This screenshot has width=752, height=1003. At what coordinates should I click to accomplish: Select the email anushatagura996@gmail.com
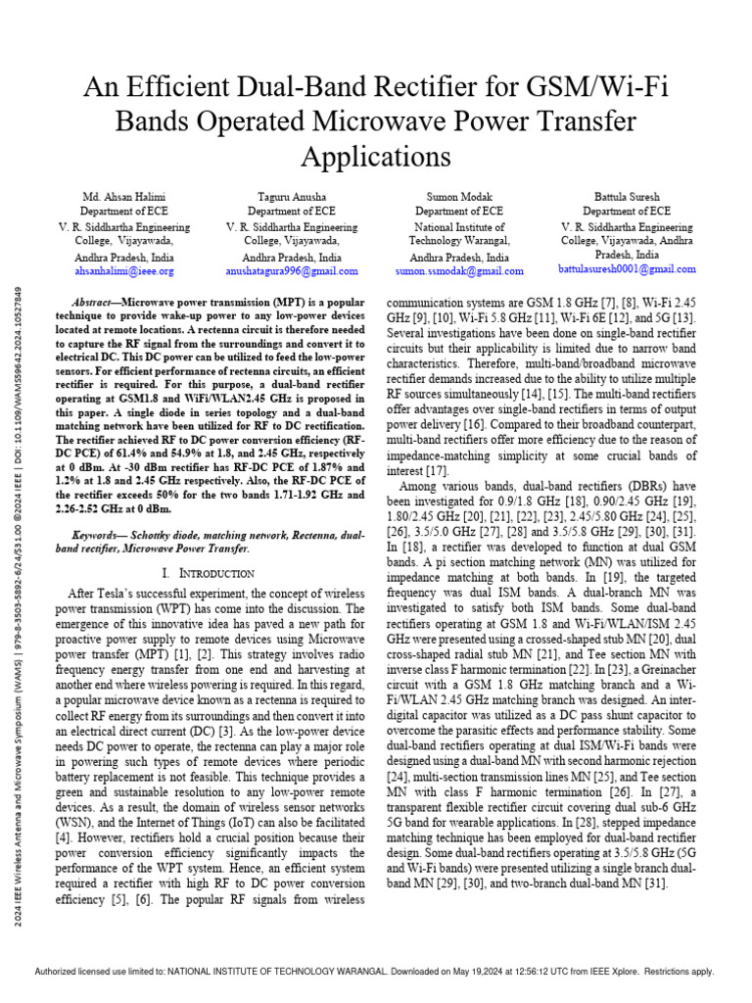292,271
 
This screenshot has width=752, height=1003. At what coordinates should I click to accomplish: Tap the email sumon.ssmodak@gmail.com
459,271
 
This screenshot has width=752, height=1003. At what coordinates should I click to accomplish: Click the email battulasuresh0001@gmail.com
627,268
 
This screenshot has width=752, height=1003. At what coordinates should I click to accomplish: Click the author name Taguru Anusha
292,197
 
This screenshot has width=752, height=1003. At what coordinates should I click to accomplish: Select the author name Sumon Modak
459,197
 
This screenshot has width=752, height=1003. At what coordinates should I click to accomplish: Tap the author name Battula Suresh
627,197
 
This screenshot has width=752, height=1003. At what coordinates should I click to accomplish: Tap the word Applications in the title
376,157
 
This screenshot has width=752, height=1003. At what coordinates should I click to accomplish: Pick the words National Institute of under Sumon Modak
459,226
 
